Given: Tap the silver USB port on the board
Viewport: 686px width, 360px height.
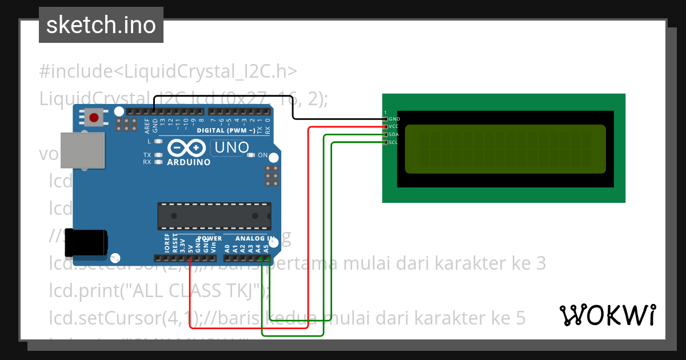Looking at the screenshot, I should [82, 151].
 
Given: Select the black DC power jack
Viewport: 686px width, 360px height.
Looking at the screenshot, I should [86, 242].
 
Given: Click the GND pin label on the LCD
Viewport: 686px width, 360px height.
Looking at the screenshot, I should [394, 119].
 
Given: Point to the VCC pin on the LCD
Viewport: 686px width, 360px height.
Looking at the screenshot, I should [393, 126].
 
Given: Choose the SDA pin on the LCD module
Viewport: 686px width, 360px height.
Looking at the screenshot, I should [393, 134].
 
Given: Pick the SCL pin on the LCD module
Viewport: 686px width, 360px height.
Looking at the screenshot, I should [393, 142].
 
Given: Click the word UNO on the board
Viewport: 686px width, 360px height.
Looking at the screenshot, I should [231, 148].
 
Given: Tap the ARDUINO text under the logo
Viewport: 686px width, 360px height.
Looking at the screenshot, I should [189, 162].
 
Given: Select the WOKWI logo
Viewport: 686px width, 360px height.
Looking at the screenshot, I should [608, 315].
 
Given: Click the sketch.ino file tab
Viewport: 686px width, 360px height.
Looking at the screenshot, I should [101, 25].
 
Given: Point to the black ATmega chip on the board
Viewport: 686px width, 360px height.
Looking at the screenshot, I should [214, 215].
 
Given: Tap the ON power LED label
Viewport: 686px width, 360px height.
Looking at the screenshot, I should [263, 155].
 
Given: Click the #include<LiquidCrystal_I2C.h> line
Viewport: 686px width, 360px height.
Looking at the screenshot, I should [168, 71].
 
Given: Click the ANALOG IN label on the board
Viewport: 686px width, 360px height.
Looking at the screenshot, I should [255, 238].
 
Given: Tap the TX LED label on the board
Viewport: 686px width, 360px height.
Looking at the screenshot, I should [147, 155].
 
